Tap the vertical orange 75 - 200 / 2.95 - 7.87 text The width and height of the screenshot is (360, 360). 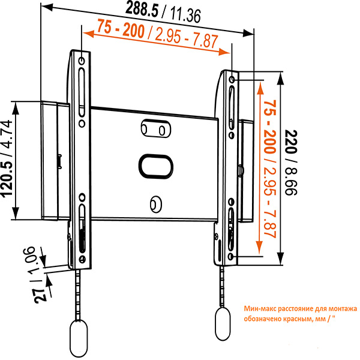click(268, 170)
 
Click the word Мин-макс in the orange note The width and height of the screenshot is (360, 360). click(260, 308)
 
